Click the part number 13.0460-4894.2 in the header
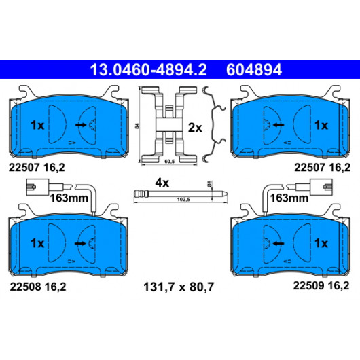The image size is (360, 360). pos(148,70)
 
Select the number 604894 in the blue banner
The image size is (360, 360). pos(254,70)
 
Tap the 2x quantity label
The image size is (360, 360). pos(195,128)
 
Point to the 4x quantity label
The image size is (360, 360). pos(162,183)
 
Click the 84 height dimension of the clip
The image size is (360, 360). pos(137,126)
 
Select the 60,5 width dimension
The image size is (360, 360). pos(169,162)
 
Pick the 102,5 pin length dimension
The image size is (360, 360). pos(183,200)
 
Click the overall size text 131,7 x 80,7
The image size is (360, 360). pos(179,287)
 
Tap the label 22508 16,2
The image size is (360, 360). pos(38,287)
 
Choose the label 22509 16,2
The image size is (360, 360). pos(321,285)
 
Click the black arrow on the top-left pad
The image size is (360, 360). pos(81,125)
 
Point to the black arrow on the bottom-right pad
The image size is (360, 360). pos(278,243)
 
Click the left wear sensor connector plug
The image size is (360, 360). pos(37,187)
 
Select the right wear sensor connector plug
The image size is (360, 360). pos(321,187)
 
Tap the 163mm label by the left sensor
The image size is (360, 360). pos(69,198)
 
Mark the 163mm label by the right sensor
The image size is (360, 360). pos(289,198)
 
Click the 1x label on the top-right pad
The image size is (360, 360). pos(321,125)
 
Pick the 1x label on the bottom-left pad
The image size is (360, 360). pos(37,243)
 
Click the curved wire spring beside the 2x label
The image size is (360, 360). pos(214,124)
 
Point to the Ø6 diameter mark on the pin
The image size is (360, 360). pos(209,183)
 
